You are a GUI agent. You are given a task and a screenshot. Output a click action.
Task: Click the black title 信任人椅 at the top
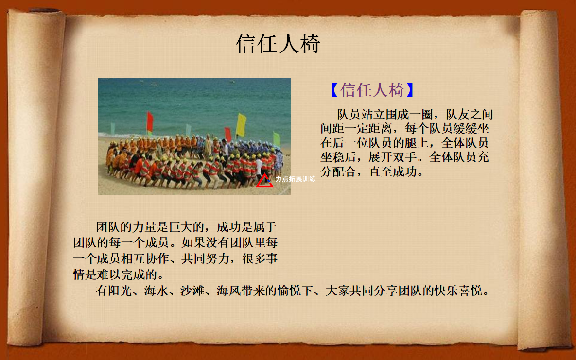pos(278,44)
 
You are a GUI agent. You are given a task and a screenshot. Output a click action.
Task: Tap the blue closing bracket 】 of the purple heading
pos(410,90)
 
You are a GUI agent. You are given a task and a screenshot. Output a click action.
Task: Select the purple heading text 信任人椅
pos(372,90)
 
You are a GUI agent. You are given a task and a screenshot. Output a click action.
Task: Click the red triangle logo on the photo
pos(264,180)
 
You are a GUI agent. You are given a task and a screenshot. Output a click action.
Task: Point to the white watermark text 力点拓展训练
pos(296,179)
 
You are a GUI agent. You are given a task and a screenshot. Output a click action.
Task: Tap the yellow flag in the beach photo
pos(241,125)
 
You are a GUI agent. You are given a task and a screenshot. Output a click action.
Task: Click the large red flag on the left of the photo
pos(150,121)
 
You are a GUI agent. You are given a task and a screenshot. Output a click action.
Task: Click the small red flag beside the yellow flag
pos(228,134)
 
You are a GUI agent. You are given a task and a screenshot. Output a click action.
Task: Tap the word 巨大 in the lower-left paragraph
pos(181,227)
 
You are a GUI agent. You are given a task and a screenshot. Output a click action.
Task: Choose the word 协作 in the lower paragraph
pos(157,258)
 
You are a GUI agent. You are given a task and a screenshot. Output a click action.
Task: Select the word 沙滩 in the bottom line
pos(192,291)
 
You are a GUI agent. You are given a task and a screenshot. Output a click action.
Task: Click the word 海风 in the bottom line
pos(228,291)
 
